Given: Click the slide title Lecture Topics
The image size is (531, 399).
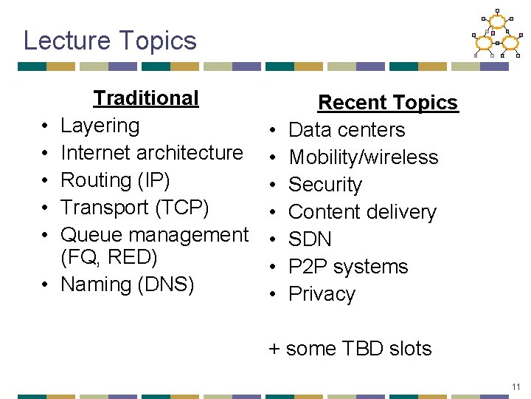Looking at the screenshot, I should (x=110, y=40).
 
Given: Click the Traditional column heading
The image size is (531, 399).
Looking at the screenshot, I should (x=146, y=98).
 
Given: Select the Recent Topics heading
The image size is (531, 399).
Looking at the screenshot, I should (x=387, y=103).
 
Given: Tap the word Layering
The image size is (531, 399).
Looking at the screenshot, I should (x=100, y=126).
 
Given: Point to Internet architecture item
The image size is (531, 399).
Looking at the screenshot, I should (x=151, y=153).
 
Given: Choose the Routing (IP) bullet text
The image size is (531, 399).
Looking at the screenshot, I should (x=114, y=180).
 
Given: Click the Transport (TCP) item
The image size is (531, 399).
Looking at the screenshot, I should (x=134, y=208).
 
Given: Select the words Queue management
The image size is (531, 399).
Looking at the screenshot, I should (x=154, y=235).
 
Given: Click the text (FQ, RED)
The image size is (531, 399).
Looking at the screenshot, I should (x=108, y=257).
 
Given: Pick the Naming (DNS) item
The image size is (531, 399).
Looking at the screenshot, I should (x=127, y=284).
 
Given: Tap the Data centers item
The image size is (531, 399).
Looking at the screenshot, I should (x=347, y=130).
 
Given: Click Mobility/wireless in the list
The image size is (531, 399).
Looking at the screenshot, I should (x=363, y=157).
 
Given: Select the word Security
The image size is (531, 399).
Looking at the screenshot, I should (x=325, y=185).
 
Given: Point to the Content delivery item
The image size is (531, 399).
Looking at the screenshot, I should (x=362, y=212).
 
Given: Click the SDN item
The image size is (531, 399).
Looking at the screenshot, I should (x=310, y=239).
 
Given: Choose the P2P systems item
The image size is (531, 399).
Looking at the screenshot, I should (x=348, y=267).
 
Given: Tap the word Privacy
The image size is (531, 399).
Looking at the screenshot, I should (x=322, y=294).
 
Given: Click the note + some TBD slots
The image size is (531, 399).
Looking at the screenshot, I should (x=350, y=349).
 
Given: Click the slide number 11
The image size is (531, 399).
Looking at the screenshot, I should (x=516, y=387).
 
